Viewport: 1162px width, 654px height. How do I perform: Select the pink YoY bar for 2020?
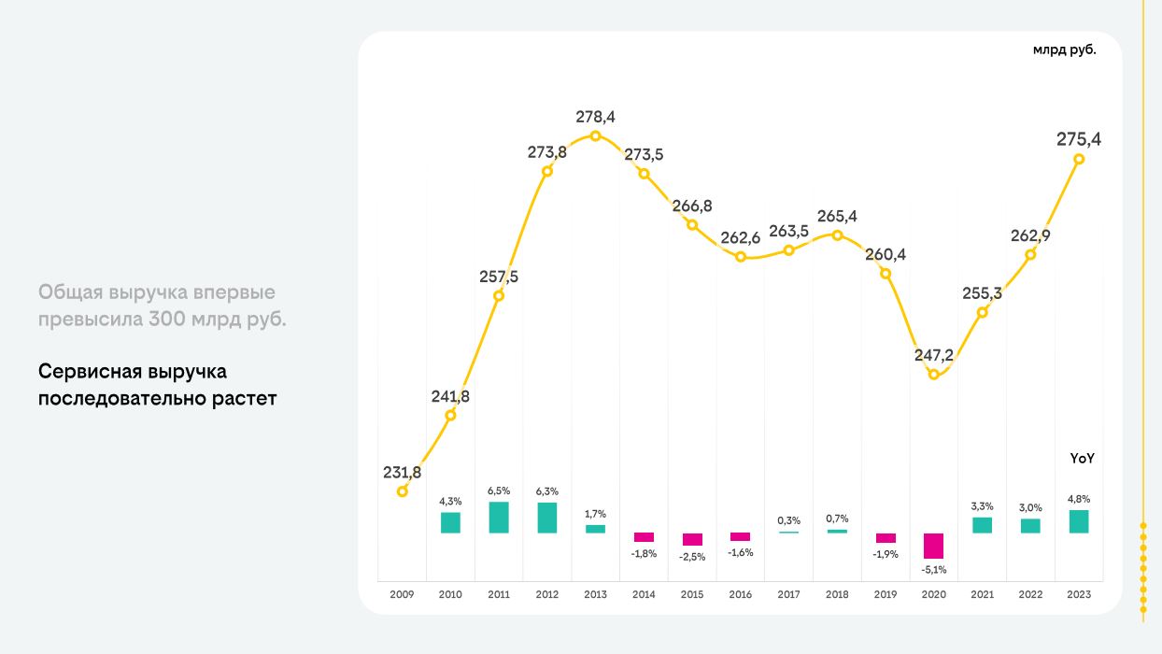[x=933, y=546]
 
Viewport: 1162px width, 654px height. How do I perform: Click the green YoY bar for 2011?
[x=499, y=518]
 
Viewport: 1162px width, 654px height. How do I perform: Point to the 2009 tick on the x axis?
[x=402, y=594]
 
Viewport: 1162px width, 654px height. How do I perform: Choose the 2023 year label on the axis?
[x=1078, y=594]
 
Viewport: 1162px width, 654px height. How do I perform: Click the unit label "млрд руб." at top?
[x=1064, y=50]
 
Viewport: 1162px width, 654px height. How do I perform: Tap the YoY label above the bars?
[x=1082, y=459]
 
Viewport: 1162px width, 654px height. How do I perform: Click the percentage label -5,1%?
[x=933, y=569]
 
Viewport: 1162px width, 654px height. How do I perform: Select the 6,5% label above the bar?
[x=499, y=490]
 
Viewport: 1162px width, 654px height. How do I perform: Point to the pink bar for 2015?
[x=692, y=539]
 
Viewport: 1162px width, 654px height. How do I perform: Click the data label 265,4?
[x=838, y=217]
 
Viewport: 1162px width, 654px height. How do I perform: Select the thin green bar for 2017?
[x=788, y=532]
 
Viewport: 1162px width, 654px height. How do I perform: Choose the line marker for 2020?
[x=933, y=375]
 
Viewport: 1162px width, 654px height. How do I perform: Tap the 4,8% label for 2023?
[x=1079, y=499]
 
